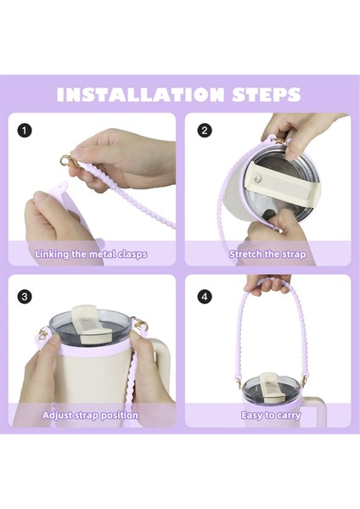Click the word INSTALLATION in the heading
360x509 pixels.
[x=140, y=94]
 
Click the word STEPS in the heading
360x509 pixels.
[x=267, y=94]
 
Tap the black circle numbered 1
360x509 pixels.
[x=25, y=131]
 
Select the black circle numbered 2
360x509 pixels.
[x=205, y=131]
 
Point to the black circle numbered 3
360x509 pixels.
[x=25, y=297]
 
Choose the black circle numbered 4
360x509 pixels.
[x=205, y=297]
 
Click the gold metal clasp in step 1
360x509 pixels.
[x=69, y=161]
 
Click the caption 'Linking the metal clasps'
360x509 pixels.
[x=91, y=254]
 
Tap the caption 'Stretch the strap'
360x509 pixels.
[x=267, y=254]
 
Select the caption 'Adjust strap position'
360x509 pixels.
[x=90, y=415]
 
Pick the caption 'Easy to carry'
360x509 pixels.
[x=271, y=415]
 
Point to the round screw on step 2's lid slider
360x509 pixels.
[x=258, y=178]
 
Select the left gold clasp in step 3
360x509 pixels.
[x=42, y=333]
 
